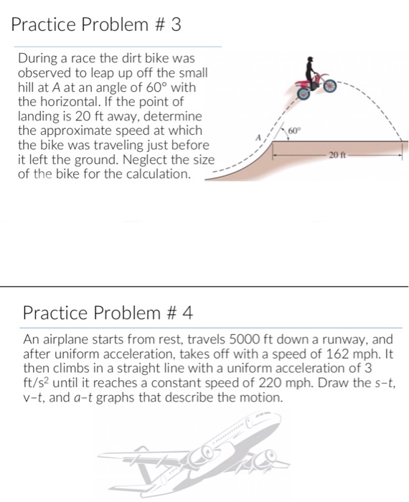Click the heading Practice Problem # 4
[x=108, y=313]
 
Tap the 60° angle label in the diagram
[x=293, y=131]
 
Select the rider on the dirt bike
[x=310, y=70]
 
